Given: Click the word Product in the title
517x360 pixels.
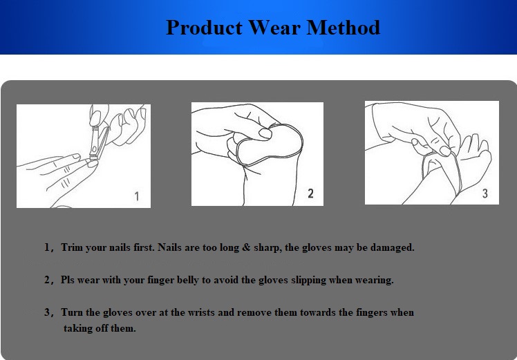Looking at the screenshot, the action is point(204,28).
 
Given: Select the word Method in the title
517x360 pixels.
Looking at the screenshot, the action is point(344,28).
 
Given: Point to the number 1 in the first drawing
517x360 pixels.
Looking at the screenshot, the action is point(137,196).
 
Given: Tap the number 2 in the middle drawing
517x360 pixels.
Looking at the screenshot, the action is point(310,193).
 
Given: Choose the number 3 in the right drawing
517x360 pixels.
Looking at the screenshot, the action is point(485,193).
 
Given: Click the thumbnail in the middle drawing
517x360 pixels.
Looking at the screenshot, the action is point(265,133).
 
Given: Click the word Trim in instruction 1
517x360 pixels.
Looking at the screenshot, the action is point(72,247).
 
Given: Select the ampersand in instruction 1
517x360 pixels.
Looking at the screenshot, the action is point(246,247).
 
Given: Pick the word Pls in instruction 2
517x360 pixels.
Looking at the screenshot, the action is point(68,280).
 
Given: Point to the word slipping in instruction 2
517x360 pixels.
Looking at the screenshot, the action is point(309,281).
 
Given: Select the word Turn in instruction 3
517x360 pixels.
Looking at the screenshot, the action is point(72,312).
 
